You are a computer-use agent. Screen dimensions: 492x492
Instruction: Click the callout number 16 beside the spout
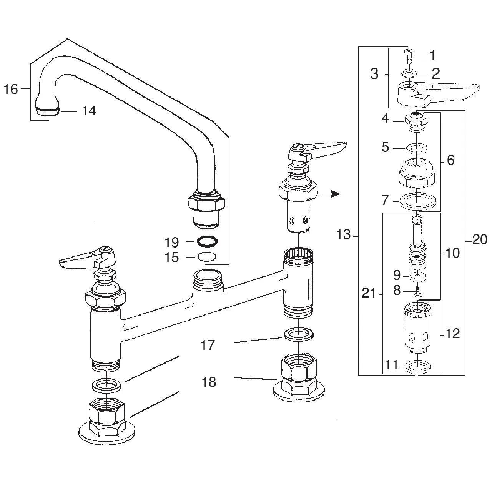click(x=11, y=90)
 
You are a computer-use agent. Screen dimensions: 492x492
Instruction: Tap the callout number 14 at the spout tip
click(x=88, y=111)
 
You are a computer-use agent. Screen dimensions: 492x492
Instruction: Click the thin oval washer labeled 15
click(x=207, y=257)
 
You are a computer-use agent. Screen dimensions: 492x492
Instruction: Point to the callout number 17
click(x=208, y=346)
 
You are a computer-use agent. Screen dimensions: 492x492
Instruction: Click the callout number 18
click(x=209, y=382)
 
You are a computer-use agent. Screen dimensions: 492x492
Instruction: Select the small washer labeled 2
click(x=409, y=73)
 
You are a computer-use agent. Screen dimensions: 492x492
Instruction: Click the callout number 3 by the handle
click(x=374, y=74)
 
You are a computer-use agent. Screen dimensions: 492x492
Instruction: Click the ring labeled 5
click(x=417, y=148)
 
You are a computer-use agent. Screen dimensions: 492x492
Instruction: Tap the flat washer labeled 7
click(x=417, y=201)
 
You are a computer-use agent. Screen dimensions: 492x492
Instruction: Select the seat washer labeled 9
click(x=416, y=276)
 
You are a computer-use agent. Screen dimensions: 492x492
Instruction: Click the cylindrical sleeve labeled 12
click(x=417, y=327)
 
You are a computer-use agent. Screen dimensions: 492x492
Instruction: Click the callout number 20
click(x=480, y=240)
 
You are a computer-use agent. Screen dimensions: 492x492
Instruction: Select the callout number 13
click(x=344, y=234)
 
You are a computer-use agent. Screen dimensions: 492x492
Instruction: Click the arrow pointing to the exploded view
click(x=331, y=194)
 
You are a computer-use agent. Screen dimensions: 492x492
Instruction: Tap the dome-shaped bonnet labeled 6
click(x=417, y=173)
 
